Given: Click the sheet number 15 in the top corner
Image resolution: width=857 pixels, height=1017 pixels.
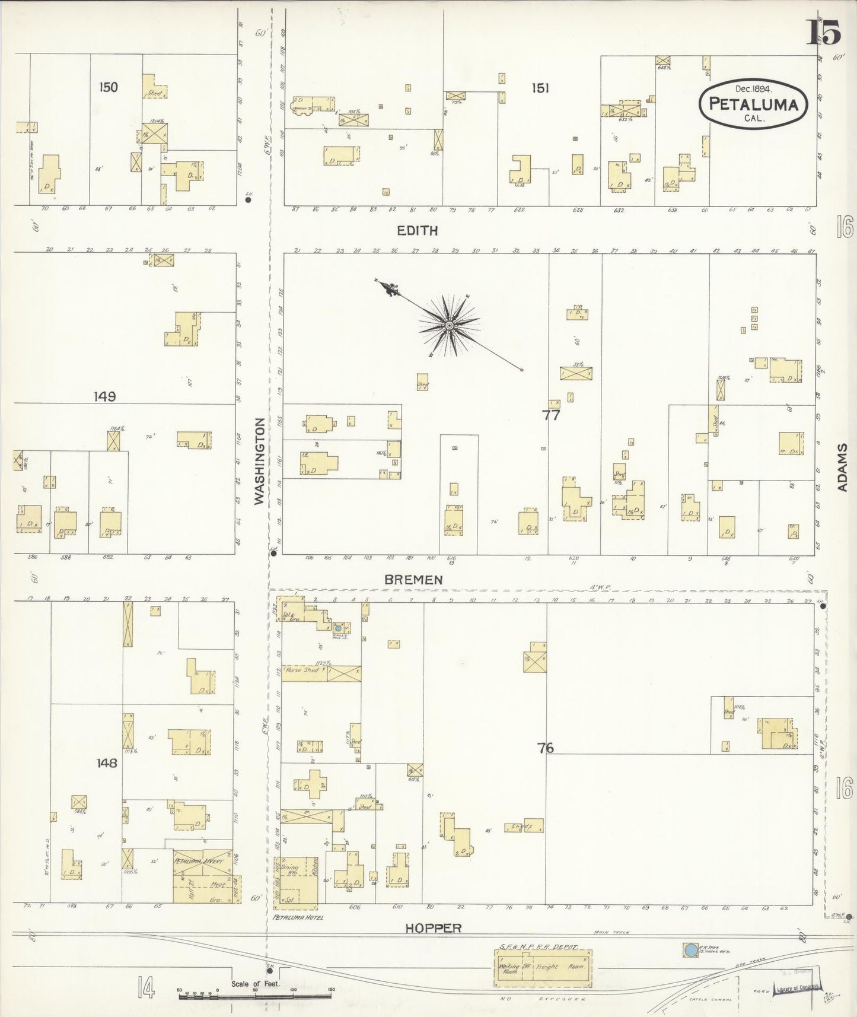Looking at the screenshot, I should tap(823, 33).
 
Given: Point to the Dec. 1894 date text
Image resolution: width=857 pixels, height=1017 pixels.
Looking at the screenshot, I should tap(752, 89).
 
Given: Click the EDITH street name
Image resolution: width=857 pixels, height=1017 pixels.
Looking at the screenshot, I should tap(418, 231).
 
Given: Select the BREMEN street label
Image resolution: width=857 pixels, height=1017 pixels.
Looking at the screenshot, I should tap(413, 580).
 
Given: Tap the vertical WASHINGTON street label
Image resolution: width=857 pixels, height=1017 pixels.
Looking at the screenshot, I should tap(259, 462).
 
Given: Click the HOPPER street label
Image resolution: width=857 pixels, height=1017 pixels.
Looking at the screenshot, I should tap(433, 928).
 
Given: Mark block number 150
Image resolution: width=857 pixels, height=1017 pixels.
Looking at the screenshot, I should tap(109, 87).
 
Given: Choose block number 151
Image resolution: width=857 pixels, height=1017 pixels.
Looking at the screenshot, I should tap(540, 88).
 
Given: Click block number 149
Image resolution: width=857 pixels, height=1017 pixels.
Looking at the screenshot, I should tap(104, 396).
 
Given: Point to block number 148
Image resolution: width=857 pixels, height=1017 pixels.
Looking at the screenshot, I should tap(107, 763).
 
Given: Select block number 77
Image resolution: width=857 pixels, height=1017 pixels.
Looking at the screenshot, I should tap(551, 415).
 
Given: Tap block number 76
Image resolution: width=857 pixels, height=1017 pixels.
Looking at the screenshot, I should tap(546, 748).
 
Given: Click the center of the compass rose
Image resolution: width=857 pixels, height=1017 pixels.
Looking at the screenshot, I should tap(449, 325).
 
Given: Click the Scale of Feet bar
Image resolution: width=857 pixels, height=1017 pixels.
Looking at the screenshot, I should tap(255, 994).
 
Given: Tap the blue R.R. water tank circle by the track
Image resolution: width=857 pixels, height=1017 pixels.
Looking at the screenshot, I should tap(690, 950).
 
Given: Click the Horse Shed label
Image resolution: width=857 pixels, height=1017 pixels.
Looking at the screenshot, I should tap(302, 670).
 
